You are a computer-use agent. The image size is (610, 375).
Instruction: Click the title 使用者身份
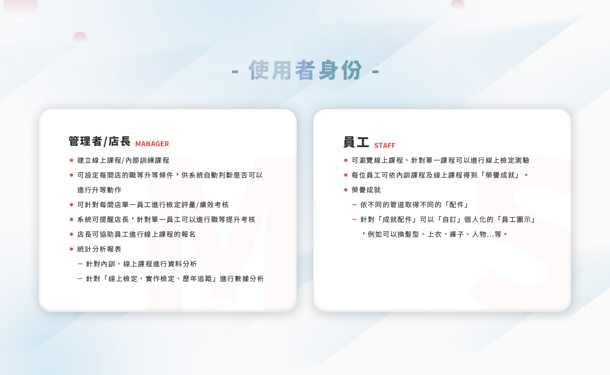click(305, 70)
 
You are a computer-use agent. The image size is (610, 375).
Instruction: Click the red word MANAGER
click(152, 144)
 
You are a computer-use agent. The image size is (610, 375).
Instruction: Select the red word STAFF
click(384, 145)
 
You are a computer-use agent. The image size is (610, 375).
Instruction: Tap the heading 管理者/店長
click(99, 141)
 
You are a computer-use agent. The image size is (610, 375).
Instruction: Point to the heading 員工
click(356, 142)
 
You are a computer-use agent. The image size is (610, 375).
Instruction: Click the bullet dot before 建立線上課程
click(71, 160)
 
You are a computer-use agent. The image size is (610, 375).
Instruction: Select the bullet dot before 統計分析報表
click(71, 249)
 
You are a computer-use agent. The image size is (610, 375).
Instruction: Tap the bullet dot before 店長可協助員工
click(71, 234)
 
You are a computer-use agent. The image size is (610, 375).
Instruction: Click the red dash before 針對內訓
click(80, 264)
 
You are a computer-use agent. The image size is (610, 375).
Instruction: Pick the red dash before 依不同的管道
click(354, 205)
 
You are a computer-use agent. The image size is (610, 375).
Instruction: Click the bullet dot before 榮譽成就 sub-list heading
click(346, 190)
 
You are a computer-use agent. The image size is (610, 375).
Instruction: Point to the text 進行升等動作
click(99, 190)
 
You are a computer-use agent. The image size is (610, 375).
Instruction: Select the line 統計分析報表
click(99, 249)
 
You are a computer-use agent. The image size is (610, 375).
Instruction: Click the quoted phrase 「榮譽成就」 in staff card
click(500, 175)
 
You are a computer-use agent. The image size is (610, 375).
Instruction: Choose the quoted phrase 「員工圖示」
click(516, 219)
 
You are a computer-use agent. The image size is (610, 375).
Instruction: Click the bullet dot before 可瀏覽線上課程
click(346, 160)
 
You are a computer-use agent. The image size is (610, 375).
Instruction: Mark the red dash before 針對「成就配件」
click(354, 219)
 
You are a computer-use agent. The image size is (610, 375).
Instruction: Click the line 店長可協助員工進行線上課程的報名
click(136, 234)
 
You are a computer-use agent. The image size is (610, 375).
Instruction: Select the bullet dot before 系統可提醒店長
click(71, 219)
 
